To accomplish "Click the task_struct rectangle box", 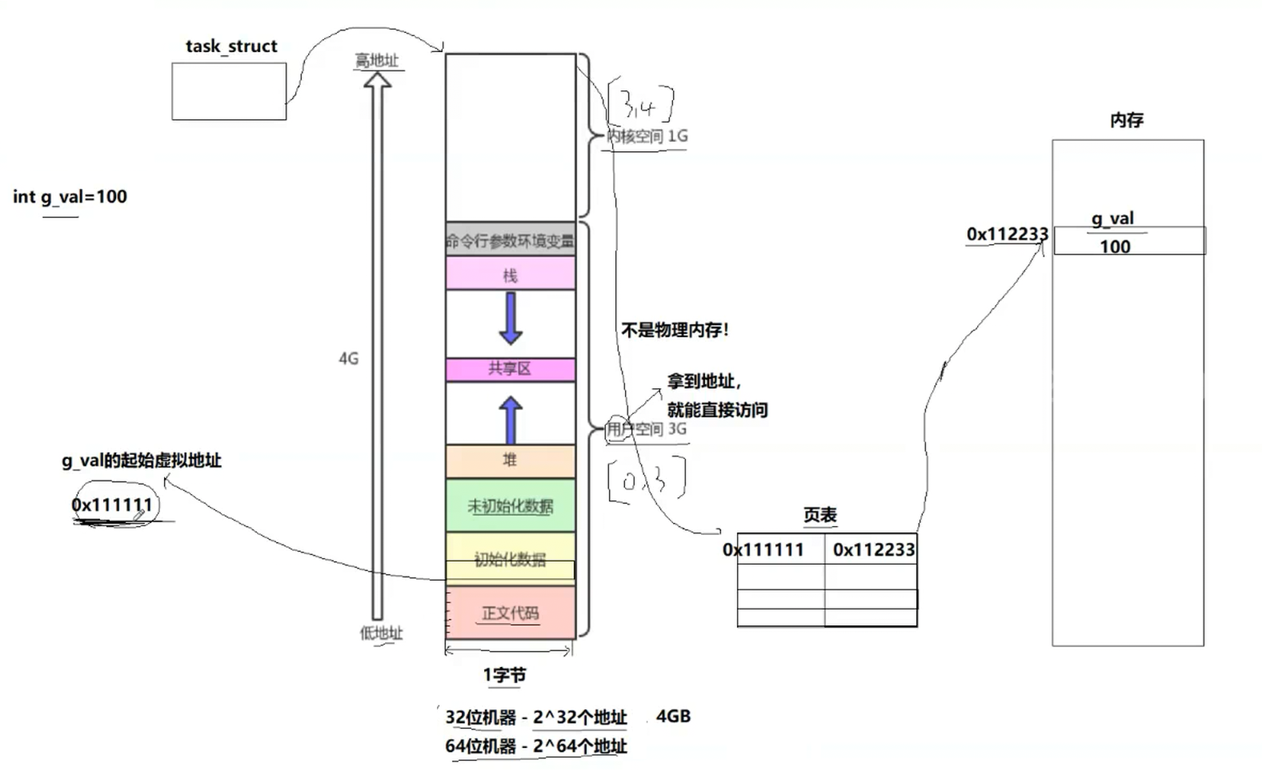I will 229,91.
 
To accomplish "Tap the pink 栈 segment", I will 510,274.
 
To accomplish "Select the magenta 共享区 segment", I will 510,369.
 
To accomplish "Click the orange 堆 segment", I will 510,460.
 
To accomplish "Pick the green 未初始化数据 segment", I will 510,505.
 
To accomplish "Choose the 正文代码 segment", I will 510,613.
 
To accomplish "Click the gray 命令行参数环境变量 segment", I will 510,240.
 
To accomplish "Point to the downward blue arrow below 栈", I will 511,318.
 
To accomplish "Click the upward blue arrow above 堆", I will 511,420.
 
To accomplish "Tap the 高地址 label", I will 377,61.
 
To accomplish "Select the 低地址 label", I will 381,633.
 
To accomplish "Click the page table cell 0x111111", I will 763,550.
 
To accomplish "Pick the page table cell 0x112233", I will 873,550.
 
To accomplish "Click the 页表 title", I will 820,515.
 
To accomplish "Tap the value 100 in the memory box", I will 1115,247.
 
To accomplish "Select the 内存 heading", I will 1127,120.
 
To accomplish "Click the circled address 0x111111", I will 112,505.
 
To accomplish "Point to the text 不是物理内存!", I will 675,330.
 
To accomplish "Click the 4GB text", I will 673,716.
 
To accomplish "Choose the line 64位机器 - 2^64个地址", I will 536,746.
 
